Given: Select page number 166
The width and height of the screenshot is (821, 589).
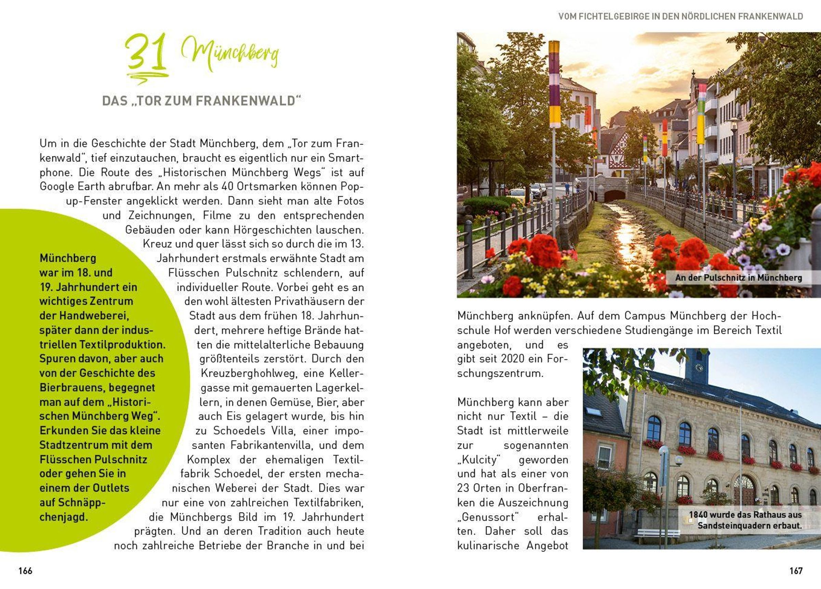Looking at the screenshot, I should tap(25, 571).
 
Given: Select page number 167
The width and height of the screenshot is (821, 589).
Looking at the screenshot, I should tap(796, 571).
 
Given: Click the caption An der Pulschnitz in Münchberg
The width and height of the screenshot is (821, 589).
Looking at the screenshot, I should tap(738, 278).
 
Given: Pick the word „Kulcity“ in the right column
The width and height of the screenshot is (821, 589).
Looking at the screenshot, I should tap(479, 460).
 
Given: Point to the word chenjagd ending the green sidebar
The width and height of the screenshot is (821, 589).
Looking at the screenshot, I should tap(64, 517).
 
